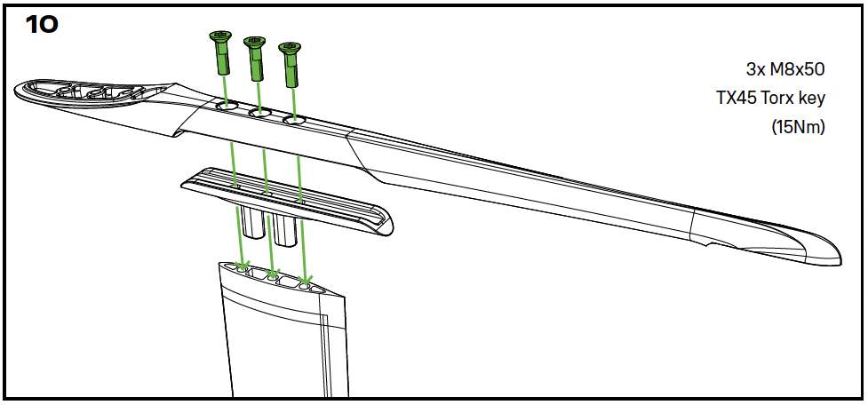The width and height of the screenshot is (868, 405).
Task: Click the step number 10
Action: click(x=42, y=24)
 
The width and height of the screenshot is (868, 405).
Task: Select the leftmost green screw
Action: click(x=221, y=52)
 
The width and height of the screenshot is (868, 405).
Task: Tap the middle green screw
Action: click(x=255, y=58)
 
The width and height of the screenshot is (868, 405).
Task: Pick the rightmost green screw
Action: click(x=290, y=64)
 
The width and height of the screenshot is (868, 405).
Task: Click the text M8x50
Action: click(x=793, y=69)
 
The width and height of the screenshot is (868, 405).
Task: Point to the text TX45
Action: click(x=737, y=99)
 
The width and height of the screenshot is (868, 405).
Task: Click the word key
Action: click(x=811, y=100)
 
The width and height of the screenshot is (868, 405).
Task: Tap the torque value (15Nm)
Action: click(x=798, y=128)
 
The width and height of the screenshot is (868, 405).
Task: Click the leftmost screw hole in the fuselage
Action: click(x=227, y=105)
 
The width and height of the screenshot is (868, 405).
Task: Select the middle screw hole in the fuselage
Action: click(x=259, y=113)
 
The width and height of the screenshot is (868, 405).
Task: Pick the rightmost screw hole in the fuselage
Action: click(x=294, y=119)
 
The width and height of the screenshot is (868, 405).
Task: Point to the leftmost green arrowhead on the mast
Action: click(x=243, y=266)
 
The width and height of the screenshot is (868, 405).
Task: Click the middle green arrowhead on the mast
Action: click(x=272, y=273)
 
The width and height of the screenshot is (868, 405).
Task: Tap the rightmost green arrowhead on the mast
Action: click(x=305, y=280)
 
